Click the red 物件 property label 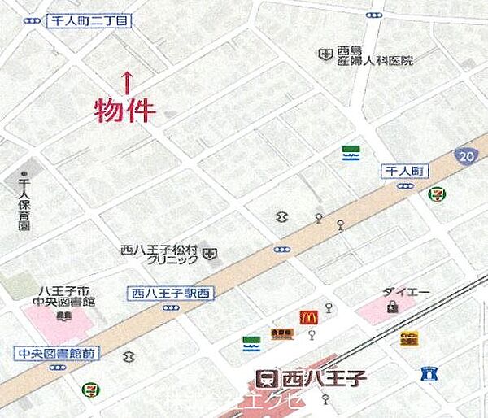(x=124, y=110)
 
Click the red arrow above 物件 (x=127, y=81)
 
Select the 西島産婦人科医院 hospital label (x=376, y=54)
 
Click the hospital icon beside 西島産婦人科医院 (x=325, y=54)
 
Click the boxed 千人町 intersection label (x=403, y=171)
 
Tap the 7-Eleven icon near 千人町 (x=436, y=194)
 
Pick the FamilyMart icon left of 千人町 (x=351, y=153)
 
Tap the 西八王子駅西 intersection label (x=171, y=293)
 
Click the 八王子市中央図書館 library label (x=54, y=298)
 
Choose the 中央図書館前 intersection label (x=55, y=353)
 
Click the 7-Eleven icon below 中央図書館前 (x=87, y=389)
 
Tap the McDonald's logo (x=308, y=317)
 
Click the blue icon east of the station (x=429, y=374)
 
